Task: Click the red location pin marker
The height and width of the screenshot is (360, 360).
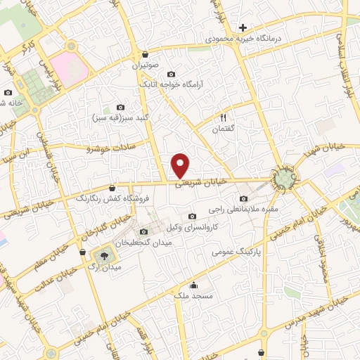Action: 181,165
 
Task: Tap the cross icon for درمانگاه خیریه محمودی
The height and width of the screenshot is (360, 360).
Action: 243,27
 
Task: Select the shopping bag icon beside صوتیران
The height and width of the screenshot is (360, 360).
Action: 145,54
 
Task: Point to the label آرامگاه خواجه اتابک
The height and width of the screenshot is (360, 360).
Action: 168,84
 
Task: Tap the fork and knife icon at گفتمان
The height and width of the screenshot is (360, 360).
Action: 224,117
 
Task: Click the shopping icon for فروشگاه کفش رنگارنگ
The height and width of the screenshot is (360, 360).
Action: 113,188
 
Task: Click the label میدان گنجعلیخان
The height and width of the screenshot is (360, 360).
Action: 145,243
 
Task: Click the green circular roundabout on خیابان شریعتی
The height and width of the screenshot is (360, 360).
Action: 284,179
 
